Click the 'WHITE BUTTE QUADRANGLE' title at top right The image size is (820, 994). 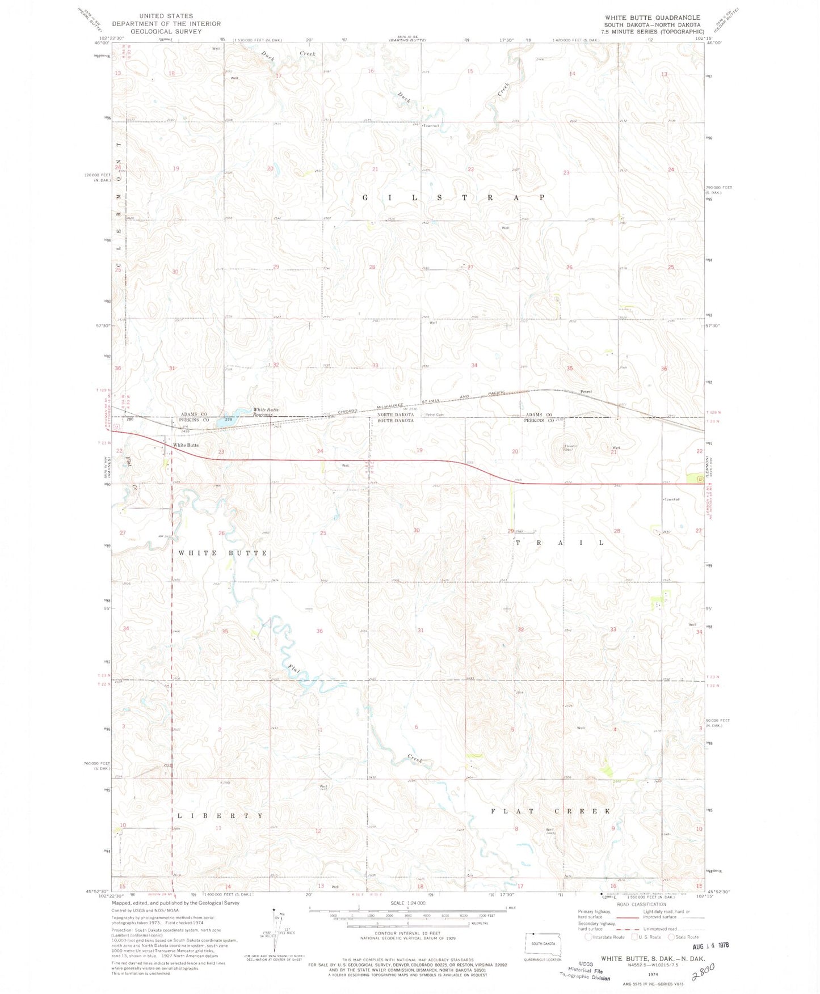(652, 18)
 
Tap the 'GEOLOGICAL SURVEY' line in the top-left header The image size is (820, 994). (158, 31)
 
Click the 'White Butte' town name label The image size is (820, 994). (186, 445)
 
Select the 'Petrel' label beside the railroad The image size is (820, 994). (586, 392)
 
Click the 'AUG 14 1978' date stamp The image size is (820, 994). (710, 946)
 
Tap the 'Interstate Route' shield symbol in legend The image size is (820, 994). (589, 937)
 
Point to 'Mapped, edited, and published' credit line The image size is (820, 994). (175, 903)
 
